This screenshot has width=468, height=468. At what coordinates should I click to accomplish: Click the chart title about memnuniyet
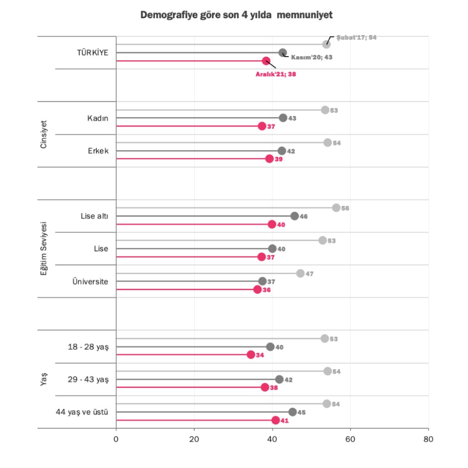[x=236, y=16]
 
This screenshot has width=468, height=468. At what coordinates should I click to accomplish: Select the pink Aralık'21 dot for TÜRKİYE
[x=266, y=61]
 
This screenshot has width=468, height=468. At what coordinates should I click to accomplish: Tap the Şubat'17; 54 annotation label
[x=356, y=37]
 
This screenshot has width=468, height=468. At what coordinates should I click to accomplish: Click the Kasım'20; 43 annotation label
[x=311, y=58]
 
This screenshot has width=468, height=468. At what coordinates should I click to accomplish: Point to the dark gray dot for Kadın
[x=283, y=118]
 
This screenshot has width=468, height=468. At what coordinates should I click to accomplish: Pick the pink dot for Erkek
[x=269, y=159]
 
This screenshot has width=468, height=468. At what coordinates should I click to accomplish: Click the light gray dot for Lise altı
[x=336, y=208]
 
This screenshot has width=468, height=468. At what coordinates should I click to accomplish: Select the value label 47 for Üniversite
[x=309, y=274]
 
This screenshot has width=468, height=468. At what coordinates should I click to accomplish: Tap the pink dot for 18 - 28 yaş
[x=251, y=355]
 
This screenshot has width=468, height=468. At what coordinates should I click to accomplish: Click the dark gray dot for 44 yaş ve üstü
[x=292, y=412]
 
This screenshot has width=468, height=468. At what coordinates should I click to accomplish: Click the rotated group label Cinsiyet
[x=44, y=134]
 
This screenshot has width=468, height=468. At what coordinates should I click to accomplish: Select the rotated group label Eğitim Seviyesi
[x=44, y=249]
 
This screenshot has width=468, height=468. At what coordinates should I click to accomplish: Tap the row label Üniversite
[x=90, y=282]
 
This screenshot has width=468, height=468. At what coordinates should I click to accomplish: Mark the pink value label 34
[x=260, y=355]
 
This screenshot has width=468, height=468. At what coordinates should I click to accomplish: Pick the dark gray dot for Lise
[x=272, y=249]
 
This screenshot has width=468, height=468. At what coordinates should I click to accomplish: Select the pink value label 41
[x=285, y=420]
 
